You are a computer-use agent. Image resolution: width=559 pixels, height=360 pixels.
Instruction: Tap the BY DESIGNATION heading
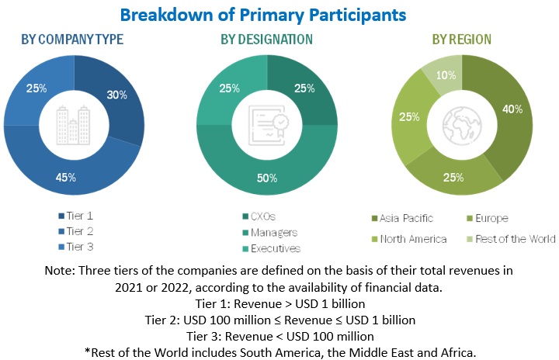pos(266,39)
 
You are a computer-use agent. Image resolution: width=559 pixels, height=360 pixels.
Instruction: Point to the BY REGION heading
pos(461,39)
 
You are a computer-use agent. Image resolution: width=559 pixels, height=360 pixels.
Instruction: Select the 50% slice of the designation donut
pos(266,178)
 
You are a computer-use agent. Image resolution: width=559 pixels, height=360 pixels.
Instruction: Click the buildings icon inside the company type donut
pos(74,123)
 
